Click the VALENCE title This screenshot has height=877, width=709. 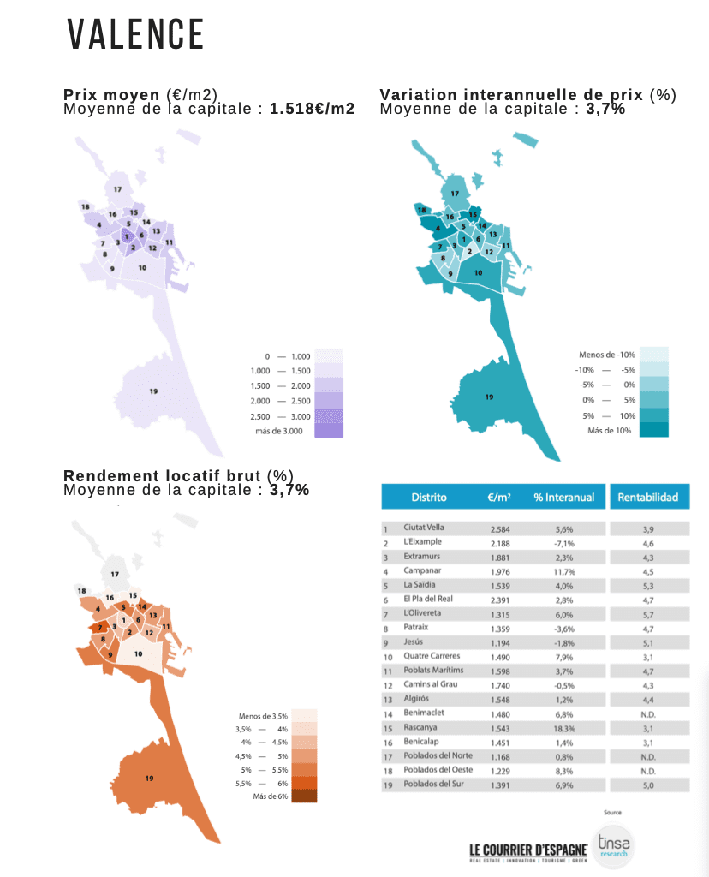click(x=135, y=35)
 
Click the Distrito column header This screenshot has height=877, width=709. click(x=428, y=497)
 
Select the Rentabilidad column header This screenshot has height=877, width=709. click(x=648, y=497)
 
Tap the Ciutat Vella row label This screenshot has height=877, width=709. click(x=423, y=528)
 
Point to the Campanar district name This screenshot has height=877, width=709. click(x=420, y=571)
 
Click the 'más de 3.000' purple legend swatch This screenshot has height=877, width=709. click(x=328, y=431)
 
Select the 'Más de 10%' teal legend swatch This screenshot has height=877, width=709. click(x=653, y=430)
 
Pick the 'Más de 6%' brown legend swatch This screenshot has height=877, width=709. click(x=304, y=796)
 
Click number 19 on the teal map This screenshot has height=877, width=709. click(x=489, y=397)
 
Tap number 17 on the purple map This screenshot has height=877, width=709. click(x=116, y=188)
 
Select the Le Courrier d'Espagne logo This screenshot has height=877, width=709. click(x=527, y=850)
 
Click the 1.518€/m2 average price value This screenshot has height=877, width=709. click(x=312, y=109)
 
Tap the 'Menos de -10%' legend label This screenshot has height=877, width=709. click(x=606, y=355)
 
